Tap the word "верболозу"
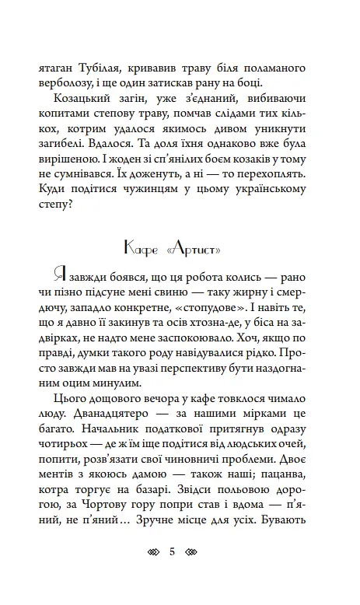pos(67,84)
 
